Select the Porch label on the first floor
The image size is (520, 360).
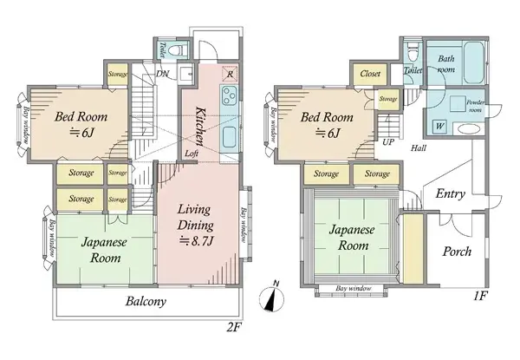pyautogui.click(x=456, y=252)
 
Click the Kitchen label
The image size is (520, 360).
pyautogui.click(x=199, y=123)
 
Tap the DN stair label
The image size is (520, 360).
pyautogui.click(x=162, y=75)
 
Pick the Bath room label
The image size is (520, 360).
pyautogui.click(x=447, y=64)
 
